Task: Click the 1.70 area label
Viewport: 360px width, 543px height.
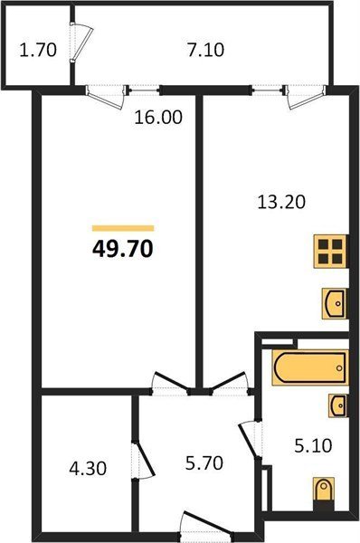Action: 38,50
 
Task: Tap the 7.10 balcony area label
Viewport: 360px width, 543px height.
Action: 205,50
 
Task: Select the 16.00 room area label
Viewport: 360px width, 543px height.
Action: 158,118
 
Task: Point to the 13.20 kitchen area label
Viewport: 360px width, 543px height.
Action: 281,202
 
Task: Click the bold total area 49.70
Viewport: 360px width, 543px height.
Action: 122,249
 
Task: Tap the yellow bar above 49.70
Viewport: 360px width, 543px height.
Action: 123,228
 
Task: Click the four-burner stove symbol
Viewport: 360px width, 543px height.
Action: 330,252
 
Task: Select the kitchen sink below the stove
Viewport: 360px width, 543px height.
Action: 334,303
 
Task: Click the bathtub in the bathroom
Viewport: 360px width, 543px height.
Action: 310,367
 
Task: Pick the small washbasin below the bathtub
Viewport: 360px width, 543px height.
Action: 337,405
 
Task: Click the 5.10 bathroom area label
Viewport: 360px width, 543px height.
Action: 313,445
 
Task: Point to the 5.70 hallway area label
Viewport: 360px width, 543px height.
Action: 204,463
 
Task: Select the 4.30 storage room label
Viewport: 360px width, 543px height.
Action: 88,469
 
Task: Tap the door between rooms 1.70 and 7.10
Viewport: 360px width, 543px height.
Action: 81,43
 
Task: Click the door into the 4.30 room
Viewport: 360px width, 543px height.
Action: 142,460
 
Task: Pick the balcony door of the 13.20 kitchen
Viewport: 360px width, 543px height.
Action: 306,96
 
